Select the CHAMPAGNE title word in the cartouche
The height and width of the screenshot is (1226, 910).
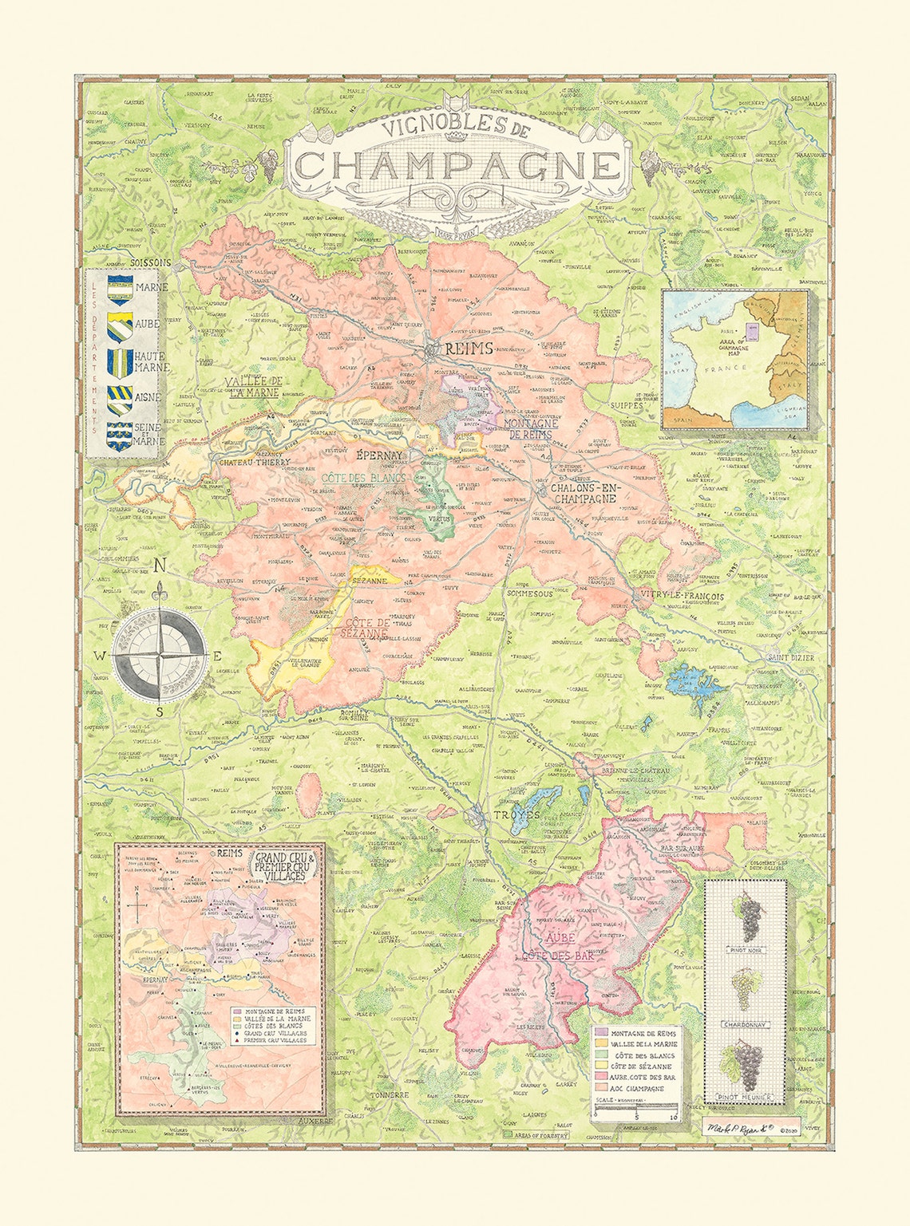(457, 164)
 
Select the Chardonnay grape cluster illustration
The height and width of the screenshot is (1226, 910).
(743, 989)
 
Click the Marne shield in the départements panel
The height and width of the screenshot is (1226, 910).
(120, 288)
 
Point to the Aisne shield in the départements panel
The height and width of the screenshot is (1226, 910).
(120, 397)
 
